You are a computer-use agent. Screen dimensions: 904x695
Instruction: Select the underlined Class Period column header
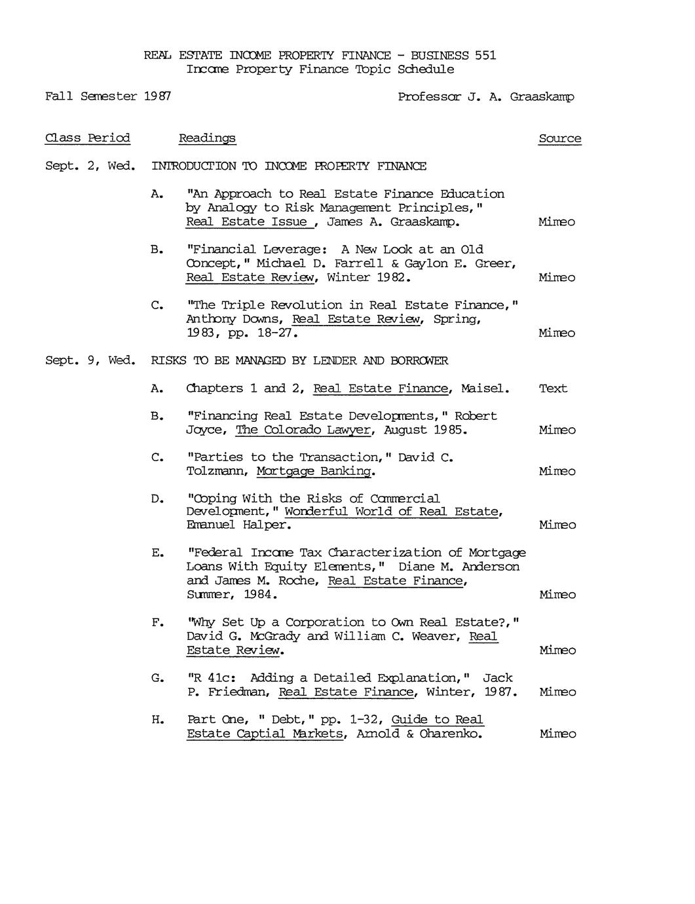click(87, 138)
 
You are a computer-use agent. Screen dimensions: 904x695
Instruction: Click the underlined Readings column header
click(207, 138)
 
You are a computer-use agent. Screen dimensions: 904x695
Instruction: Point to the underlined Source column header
click(559, 139)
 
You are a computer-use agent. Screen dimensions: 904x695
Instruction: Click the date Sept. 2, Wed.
click(90, 166)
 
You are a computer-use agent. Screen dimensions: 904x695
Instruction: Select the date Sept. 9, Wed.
click(90, 361)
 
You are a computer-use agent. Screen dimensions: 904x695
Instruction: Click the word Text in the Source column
click(553, 388)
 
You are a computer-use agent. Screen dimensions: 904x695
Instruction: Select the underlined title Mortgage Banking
click(314, 472)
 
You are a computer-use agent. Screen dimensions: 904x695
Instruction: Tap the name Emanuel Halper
click(238, 525)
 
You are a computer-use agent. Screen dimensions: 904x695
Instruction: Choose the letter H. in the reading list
click(157, 720)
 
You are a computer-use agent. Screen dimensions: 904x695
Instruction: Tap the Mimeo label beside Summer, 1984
click(557, 595)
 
